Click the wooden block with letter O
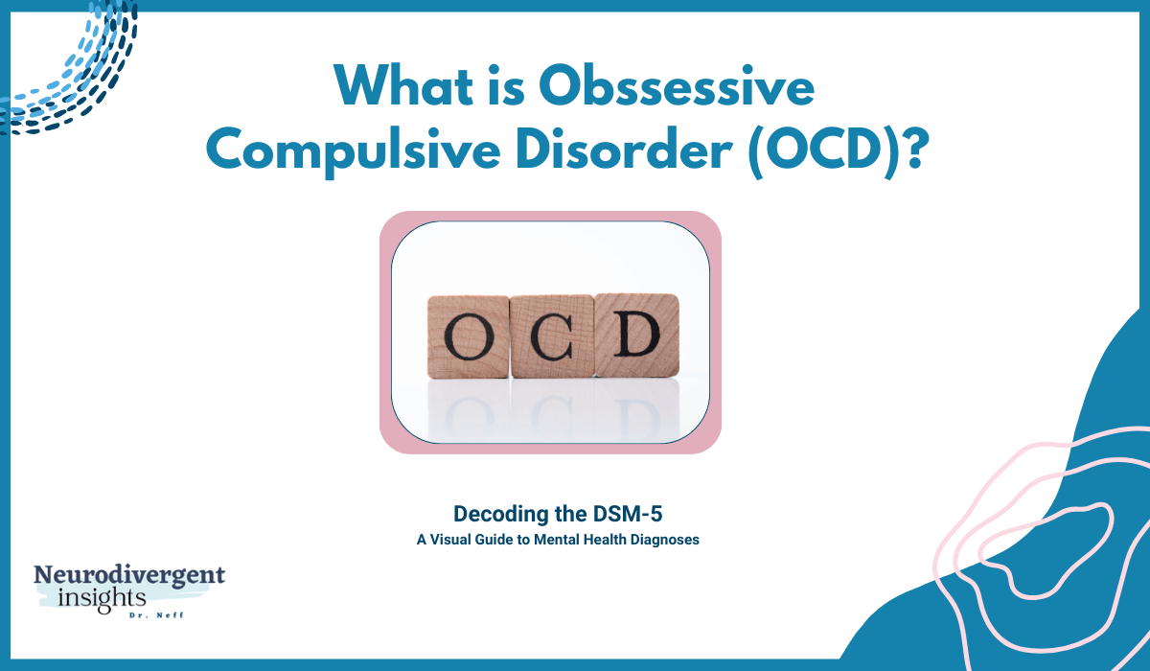coord(468,335)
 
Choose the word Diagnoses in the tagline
coord(664,540)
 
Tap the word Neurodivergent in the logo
coord(129,576)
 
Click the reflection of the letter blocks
coord(551,407)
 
